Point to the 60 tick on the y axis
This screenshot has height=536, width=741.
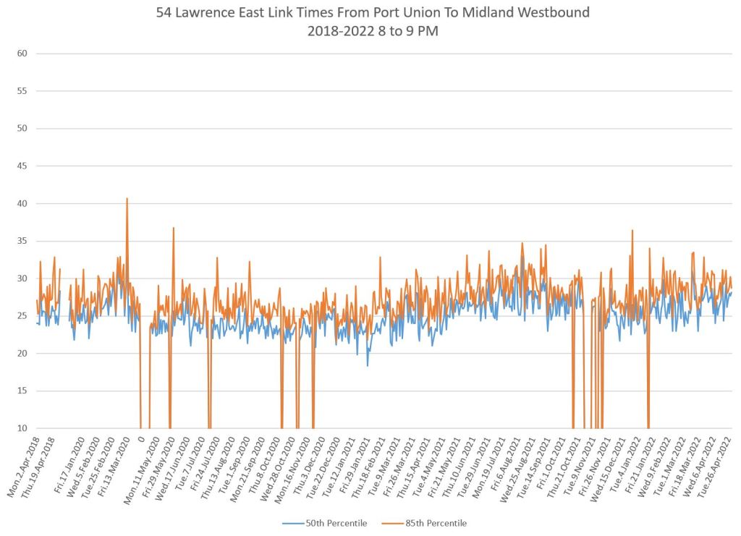click(22, 54)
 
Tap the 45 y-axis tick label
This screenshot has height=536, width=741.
click(22, 166)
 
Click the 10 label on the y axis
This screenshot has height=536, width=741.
click(22, 428)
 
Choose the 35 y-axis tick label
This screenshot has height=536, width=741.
click(22, 241)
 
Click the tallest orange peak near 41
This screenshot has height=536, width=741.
click(127, 199)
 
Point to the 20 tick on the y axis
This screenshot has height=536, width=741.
click(22, 353)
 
